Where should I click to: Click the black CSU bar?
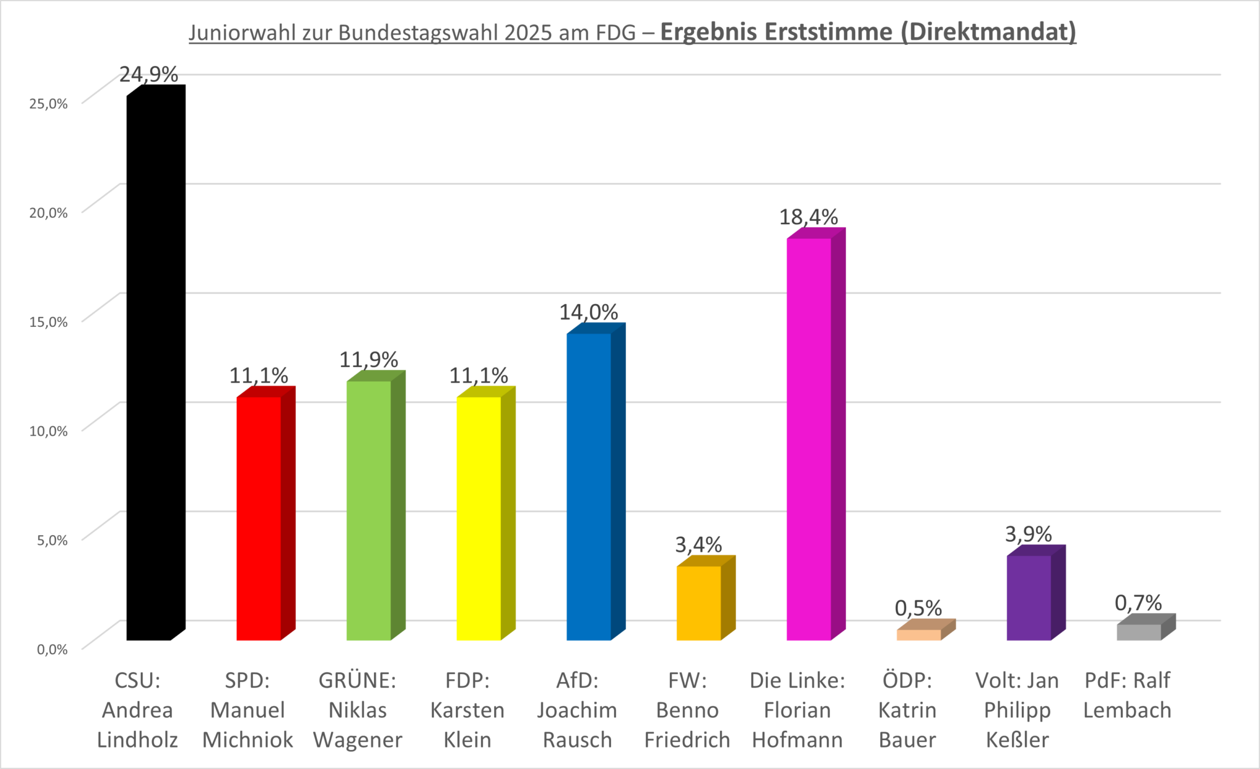149,369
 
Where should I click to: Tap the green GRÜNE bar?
369,511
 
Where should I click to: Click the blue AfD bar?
589,486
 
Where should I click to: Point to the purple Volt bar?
1029,597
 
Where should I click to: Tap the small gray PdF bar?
1139,632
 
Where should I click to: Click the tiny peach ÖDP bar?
919,634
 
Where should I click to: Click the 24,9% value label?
148,74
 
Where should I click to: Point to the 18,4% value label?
808,217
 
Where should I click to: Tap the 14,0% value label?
588,312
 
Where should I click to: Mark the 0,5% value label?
918,608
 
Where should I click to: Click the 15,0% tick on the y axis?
49,322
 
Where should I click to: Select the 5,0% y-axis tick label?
52,541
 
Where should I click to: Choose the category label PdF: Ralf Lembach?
1127,695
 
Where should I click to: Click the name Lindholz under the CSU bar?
137,739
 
